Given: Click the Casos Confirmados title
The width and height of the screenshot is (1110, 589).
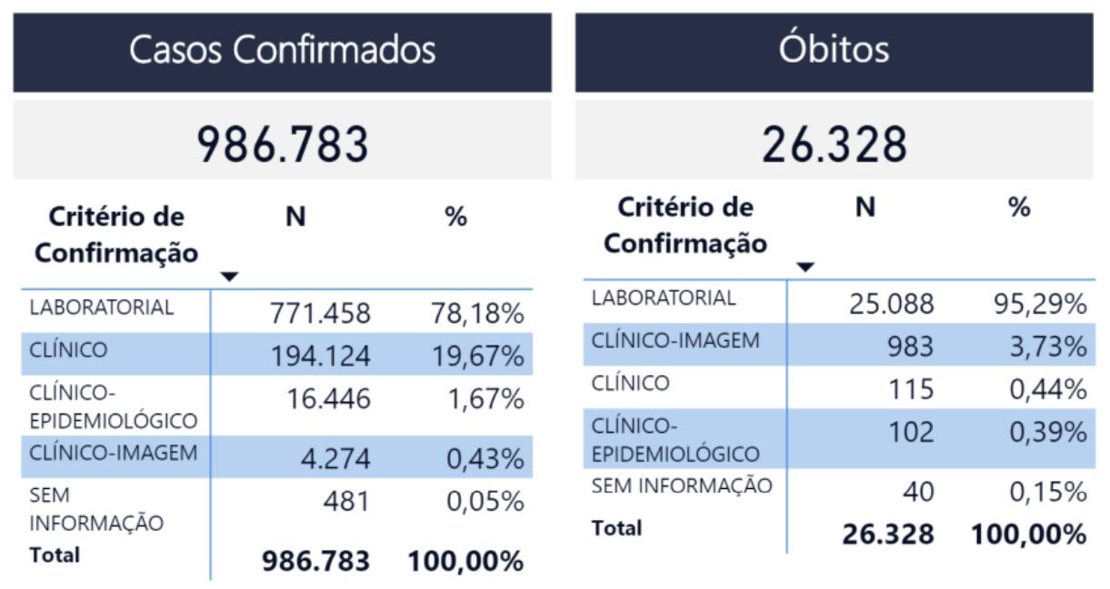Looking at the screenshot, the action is pos(282,49).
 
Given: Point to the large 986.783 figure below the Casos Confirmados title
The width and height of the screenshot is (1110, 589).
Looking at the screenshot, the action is pos(283,145).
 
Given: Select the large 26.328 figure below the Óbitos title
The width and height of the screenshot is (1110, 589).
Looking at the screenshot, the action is pos(835,145).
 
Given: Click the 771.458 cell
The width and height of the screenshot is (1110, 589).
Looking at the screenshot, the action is pos(320,313).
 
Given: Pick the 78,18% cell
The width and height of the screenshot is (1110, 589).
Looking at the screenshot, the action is pos(477,313).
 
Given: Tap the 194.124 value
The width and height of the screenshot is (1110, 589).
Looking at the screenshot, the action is pos(321,355).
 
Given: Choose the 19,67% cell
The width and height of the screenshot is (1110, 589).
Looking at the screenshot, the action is pos(478,355).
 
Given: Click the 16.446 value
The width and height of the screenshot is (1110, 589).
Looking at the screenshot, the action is pos(328,398).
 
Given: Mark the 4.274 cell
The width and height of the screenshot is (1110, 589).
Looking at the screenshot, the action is pos(335,458).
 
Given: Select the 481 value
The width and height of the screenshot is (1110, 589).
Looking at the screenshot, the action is pos(347,501).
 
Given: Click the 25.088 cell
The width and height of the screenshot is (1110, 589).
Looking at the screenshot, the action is pos(892,304).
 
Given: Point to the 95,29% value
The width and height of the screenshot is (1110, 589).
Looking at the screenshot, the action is pos(1041,304).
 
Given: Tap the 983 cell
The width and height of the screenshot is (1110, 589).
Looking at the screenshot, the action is pos(911,346).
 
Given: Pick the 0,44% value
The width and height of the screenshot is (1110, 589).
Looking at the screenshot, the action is pos(1048,389).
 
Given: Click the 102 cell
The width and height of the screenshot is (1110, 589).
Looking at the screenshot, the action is pos(912,432).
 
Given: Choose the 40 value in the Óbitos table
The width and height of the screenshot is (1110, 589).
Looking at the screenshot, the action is pos(919,492).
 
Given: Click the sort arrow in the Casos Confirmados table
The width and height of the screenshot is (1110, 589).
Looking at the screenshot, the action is pos(229,276).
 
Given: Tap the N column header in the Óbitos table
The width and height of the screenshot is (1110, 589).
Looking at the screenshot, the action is pos(865,207).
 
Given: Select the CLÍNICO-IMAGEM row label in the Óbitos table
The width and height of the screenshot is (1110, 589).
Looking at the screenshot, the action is pos(675,340).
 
